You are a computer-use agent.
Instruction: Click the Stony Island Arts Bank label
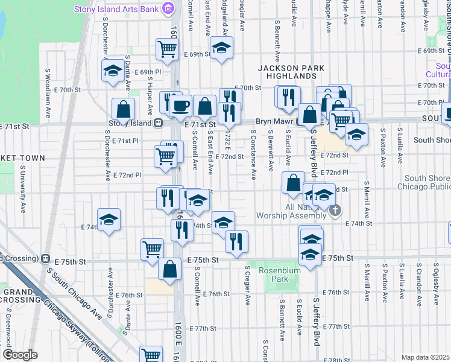118,9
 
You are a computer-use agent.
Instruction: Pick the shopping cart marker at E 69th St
167,49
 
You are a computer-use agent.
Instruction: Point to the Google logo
20,355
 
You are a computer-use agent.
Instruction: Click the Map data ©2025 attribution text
425,357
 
